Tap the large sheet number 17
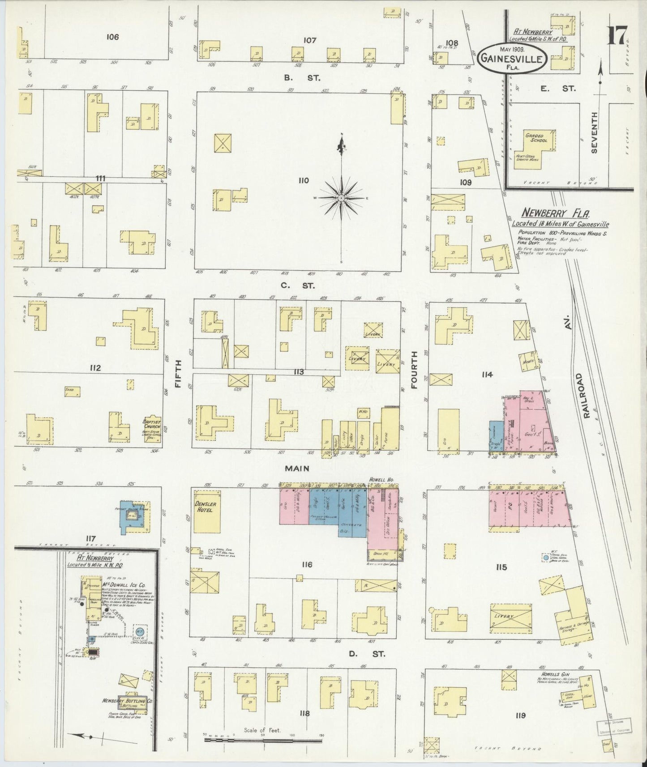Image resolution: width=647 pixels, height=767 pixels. (x=617, y=35)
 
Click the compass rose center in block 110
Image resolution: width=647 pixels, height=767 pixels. (x=342, y=197)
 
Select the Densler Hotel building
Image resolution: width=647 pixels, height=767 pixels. (x=207, y=511)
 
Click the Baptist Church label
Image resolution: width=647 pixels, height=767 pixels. (x=151, y=426)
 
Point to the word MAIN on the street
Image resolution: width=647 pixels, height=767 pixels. (x=297, y=468)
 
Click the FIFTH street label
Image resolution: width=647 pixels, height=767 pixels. (x=178, y=374)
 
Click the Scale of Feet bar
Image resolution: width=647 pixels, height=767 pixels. (x=263, y=741)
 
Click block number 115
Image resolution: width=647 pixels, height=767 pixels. (x=501, y=567)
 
